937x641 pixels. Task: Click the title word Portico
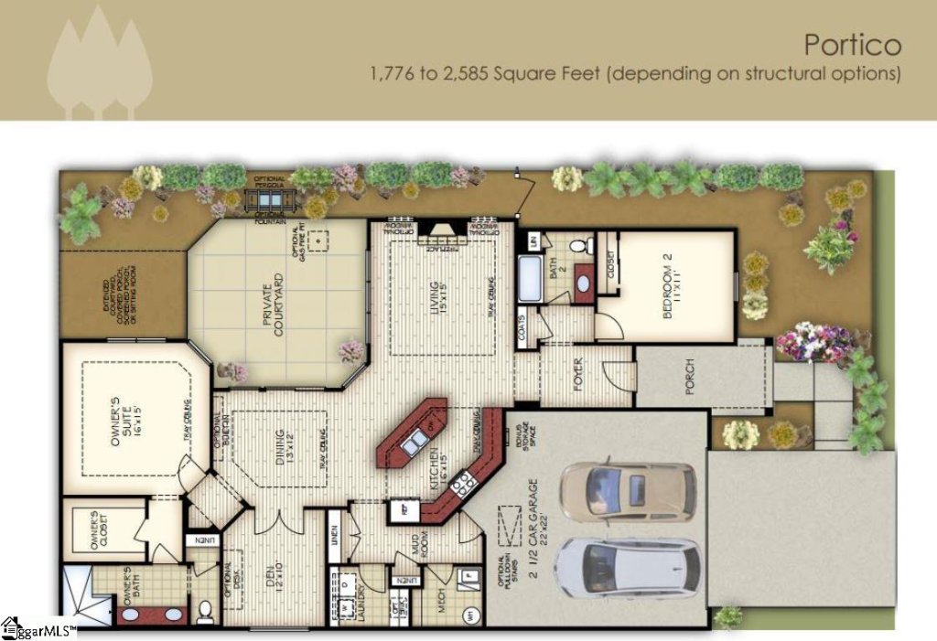click(853, 44)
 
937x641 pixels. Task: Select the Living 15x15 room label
click(439, 298)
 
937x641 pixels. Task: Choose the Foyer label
click(579, 375)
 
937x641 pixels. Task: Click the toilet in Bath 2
click(578, 246)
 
